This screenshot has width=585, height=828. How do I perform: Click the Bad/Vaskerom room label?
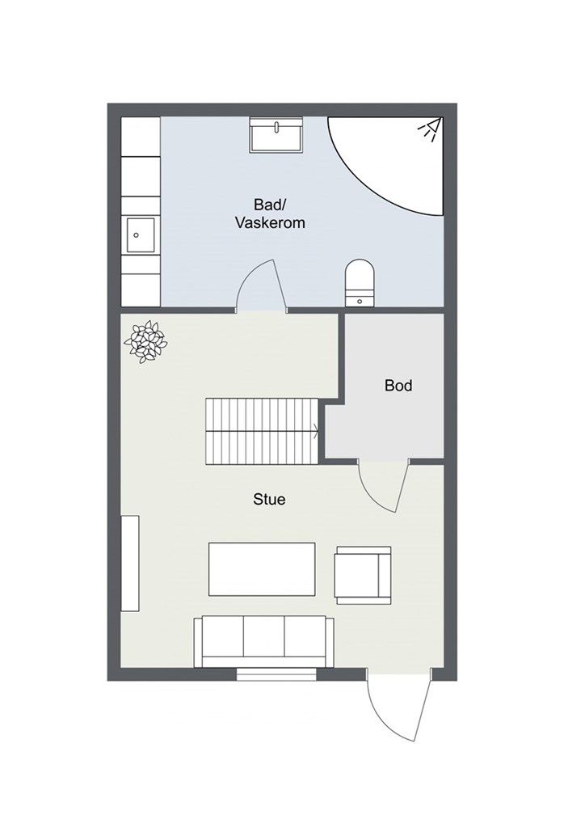coord(270,213)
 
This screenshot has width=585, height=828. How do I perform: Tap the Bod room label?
coord(398,386)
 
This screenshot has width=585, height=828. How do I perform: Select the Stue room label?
coord(269,499)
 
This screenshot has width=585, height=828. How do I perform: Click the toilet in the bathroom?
coord(360,282)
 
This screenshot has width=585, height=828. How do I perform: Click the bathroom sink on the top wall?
coord(276,136)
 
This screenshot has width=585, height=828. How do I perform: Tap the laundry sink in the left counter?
coord(141,235)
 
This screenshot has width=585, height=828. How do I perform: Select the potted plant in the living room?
coord(145,342)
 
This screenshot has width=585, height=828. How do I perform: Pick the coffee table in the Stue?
coord(262,568)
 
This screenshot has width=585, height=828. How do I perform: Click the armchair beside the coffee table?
coord(363,575)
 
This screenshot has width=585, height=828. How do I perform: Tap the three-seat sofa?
coord(263,641)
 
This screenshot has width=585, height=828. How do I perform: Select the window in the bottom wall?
coord(276,674)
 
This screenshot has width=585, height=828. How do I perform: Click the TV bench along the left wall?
coord(130,564)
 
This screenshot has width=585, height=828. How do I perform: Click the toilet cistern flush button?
coord(360,301)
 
